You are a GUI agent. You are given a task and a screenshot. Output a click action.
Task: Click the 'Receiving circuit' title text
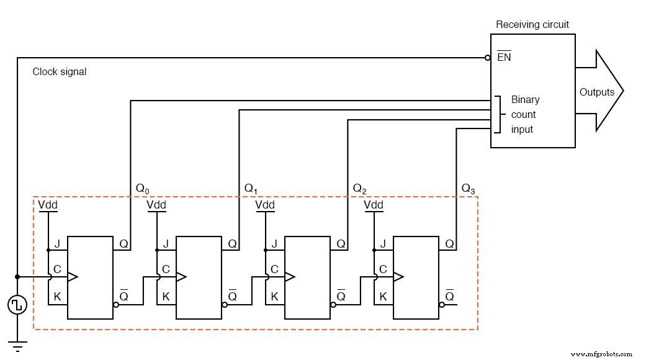coord(532,25)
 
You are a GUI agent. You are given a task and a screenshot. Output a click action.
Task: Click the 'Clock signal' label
coord(60,72)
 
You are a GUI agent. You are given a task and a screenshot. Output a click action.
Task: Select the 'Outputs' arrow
coord(598,92)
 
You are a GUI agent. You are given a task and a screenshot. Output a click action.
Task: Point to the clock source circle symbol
coord(17,305)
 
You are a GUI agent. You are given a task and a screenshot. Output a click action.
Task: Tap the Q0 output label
coord(142,188)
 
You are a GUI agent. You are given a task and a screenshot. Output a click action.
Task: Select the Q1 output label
coord(251,188)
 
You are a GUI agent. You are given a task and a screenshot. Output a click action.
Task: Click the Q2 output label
coord(359,188)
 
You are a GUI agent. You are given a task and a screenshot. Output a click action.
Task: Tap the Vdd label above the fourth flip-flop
coord(374,205)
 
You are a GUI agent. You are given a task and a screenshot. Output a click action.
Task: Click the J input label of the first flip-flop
coord(57,245)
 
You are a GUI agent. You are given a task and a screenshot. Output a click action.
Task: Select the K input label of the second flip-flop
coord(166,297)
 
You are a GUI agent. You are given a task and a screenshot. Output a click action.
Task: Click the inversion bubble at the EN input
coord(488,58)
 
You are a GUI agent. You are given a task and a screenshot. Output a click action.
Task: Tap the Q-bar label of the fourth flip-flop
coord(450,295)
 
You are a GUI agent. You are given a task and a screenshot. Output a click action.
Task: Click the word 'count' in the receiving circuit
coord(523,115)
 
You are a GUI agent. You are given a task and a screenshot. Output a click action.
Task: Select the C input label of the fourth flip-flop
coord(383,269)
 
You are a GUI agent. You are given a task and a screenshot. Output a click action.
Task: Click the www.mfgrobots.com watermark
coord(601,354)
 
